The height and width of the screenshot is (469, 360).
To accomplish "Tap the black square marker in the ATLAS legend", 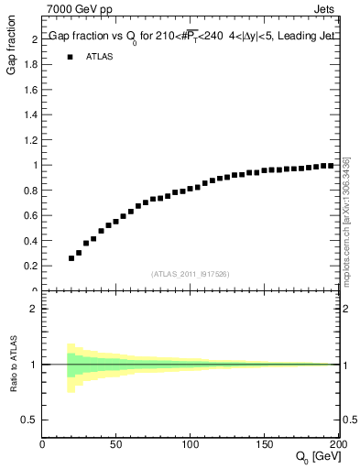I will pyautogui.click(x=71, y=57).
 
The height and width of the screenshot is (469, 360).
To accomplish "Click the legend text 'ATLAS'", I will pyautogui.click(x=100, y=57).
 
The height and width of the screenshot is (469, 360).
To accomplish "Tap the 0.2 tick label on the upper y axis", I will pyautogui.click(x=30, y=266).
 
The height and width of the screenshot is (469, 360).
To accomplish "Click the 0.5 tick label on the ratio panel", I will pyautogui.click(x=30, y=420).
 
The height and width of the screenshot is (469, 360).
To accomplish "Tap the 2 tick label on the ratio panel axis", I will pyautogui.click(x=34, y=309).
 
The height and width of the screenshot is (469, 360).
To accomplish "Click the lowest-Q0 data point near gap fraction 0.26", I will pyautogui.click(x=71, y=258).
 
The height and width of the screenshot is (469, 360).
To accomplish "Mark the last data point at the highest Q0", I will pyautogui.click(x=330, y=166).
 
